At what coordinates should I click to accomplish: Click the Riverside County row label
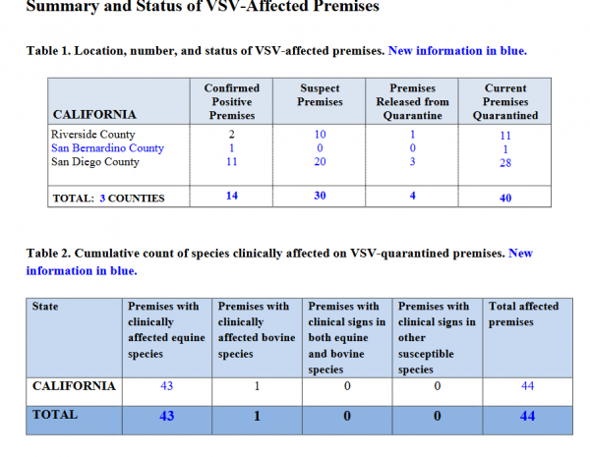click(x=93, y=135)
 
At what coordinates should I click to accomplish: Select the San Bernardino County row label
click(x=107, y=148)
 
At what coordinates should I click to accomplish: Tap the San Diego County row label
click(x=95, y=162)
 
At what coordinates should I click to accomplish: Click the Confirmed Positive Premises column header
click(x=232, y=101)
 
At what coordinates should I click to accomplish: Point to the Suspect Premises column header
click(x=320, y=94)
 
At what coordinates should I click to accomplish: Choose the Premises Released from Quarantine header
click(x=412, y=101)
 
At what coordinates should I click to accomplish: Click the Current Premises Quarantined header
click(x=505, y=101)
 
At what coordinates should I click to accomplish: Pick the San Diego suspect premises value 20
click(x=320, y=162)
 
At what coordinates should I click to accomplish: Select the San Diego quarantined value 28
click(x=505, y=163)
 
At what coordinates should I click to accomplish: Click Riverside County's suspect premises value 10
click(x=320, y=135)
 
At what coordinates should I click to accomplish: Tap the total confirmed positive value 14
click(x=232, y=196)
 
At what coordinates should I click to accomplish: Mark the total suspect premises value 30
click(x=320, y=196)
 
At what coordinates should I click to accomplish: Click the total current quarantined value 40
click(x=505, y=198)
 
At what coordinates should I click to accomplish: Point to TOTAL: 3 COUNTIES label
click(x=109, y=199)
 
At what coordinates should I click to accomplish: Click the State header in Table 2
click(x=45, y=307)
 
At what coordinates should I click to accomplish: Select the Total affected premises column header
click(x=523, y=314)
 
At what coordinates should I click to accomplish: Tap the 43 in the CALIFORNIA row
click(x=167, y=386)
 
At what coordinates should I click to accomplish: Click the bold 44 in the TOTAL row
click(x=527, y=416)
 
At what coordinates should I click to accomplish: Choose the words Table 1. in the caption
click(x=48, y=51)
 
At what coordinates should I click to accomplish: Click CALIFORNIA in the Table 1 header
click(x=94, y=114)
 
